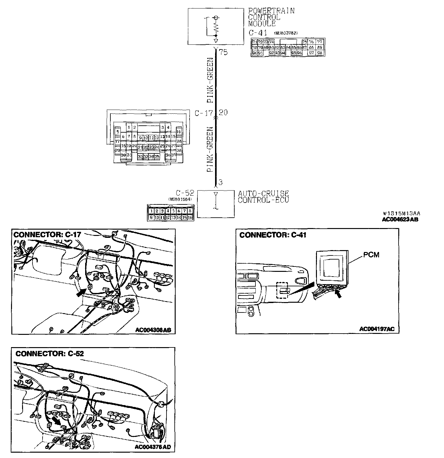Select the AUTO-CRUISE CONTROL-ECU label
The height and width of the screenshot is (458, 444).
(263, 197)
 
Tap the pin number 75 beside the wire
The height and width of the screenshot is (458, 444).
(223, 52)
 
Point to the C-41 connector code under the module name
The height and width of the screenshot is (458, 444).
(258, 32)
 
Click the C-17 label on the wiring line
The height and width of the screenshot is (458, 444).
(204, 113)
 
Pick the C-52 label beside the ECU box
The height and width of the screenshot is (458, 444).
(185, 193)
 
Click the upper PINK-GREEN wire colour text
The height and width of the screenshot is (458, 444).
(210, 80)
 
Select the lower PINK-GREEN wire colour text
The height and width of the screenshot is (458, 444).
(210, 149)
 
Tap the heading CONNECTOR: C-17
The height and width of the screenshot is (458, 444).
(47, 234)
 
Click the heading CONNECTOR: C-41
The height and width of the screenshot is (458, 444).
(272, 235)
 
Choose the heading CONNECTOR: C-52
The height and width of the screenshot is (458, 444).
(50, 353)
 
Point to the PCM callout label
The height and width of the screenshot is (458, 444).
(371, 255)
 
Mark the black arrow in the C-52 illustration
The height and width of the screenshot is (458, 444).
(57, 420)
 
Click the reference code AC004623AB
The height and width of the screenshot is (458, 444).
(400, 220)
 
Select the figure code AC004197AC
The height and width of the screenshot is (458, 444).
(377, 329)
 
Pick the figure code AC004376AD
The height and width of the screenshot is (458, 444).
(153, 447)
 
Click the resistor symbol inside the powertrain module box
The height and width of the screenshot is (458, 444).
(216, 28)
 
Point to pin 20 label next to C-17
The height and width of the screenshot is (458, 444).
(223, 112)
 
